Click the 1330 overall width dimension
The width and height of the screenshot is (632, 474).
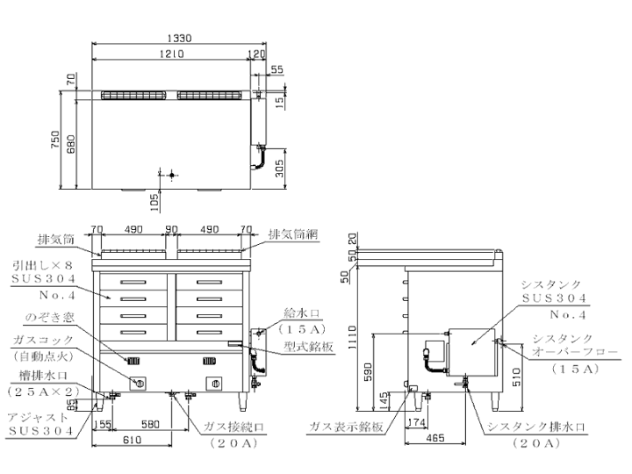tap(179, 39)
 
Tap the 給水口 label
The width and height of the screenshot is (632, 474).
tap(304, 312)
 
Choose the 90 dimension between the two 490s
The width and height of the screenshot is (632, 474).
tap(172, 231)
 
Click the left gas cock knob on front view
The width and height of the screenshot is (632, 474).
tap(139, 382)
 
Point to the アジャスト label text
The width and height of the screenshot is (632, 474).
tap(39, 420)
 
